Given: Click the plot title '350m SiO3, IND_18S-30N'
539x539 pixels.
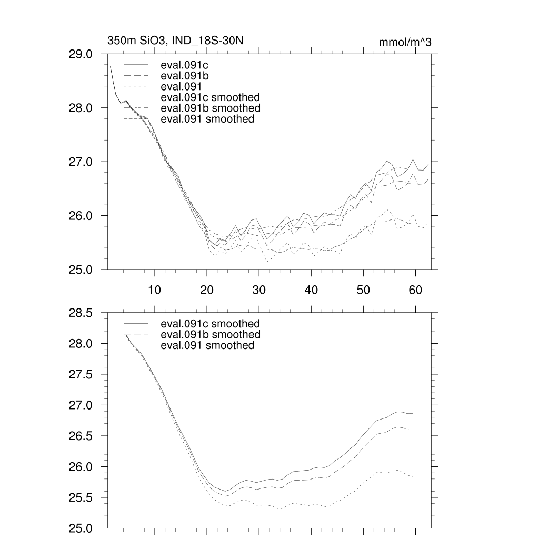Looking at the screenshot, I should tap(175, 41).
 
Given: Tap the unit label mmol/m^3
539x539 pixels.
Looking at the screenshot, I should tap(405, 42).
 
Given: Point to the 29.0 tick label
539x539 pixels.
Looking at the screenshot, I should tap(81, 54).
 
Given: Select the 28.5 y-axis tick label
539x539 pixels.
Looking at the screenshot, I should tap(81, 313).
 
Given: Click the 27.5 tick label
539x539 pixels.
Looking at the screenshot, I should tap(81, 375).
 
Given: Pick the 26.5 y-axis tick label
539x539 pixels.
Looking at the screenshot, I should tap(81, 436).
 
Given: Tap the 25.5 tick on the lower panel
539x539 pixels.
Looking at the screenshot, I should tap(81, 498).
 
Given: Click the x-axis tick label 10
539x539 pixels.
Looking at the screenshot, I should tap(154, 289).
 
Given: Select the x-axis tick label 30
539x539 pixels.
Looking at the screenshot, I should tap(258, 289).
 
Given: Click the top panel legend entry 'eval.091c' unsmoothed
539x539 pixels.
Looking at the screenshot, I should tap(181, 66).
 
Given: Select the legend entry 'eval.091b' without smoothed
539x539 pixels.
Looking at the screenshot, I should tap(181, 76).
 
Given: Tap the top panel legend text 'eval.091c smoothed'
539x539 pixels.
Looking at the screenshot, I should tap(210, 97).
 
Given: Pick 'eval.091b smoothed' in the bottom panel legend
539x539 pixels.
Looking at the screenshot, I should tap(210, 335).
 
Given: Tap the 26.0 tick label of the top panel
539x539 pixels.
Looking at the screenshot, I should tap(81, 216).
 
